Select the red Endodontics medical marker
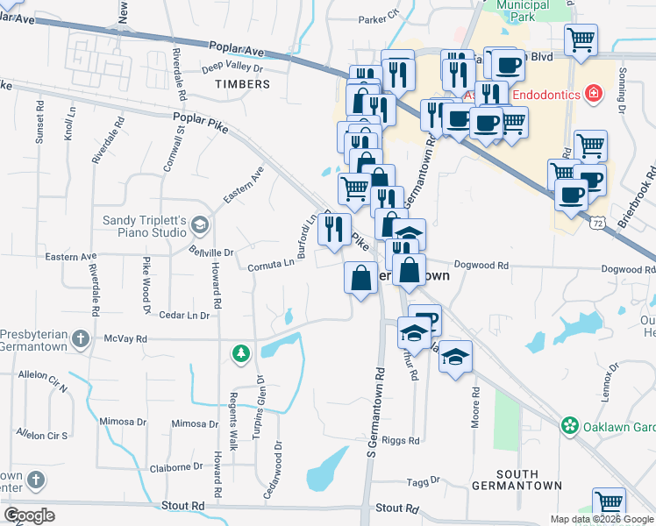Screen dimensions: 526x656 pyautogui.click(x=594, y=92)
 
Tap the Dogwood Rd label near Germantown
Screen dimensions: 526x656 pyautogui.click(x=481, y=265)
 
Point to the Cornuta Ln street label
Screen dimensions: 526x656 pyautogui.click(x=269, y=266)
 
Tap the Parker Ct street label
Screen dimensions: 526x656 pyautogui.click(x=379, y=18)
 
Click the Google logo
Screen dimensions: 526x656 pyautogui.click(x=30, y=515)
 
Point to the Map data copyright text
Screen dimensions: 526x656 pyautogui.click(x=602, y=519)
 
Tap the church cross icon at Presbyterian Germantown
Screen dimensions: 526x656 pyautogui.click(x=80, y=338)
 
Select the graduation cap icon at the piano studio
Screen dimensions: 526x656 pyautogui.click(x=201, y=226)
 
